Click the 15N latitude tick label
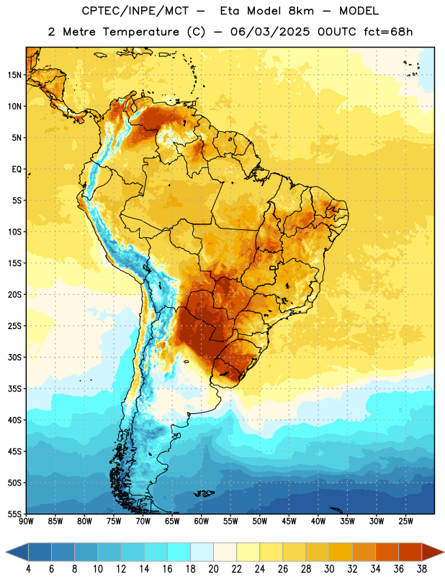pyautogui.click(x=14, y=75)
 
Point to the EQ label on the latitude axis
pyautogui.click(x=17, y=169)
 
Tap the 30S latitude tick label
pyautogui.click(x=14, y=357)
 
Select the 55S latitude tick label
pyautogui.click(x=14, y=514)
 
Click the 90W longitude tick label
pyautogui.click(x=26, y=521)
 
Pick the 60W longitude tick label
pyautogui.click(x=202, y=521)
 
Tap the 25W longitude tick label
pyautogui.click(x=405, y=521)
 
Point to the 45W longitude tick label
pyautogui.click(x=289, y=521)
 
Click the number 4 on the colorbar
pyautogui.click(x=28, y=569)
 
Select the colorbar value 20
pyautogui.click(x=213, y=569)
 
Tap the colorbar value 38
pyautogui.click(x=422, y=569)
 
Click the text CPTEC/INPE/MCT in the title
pyautogui.click(x=135, y=11)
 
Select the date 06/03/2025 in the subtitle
pyautogui.click(x=270, y=32)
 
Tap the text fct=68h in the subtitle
pyautogui.click(x=388, y=32)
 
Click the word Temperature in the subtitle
pyautogui.click(x=141, y=32)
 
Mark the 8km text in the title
pyautogui.click(x=301, y=11)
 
